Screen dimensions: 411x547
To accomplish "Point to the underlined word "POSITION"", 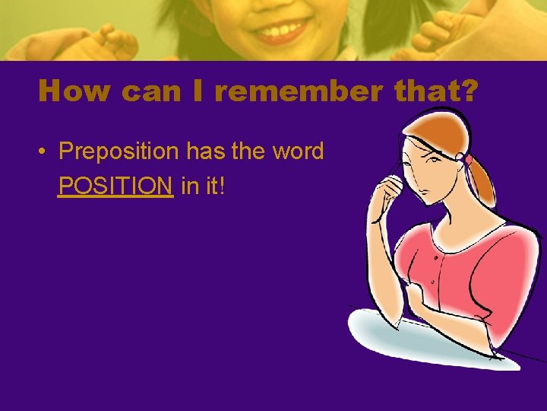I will pyautogui.click(x=115, y=185).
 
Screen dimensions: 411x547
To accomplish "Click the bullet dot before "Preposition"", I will pyautogui.click(x=43, y=152).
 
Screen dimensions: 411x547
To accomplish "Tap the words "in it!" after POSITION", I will pyautogui.click(x=204, y=185).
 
